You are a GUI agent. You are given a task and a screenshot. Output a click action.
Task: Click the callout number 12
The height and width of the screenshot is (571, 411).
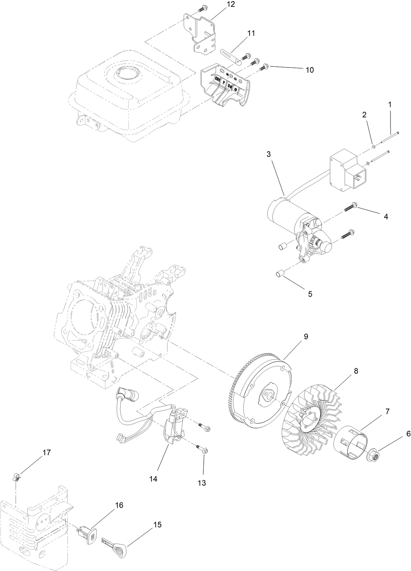[x=230, y=5]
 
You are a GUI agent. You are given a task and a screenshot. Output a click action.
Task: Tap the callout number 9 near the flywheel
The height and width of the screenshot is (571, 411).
[x=306, y=336]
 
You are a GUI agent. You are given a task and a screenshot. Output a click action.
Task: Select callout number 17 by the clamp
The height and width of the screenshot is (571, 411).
[x=47, y=452]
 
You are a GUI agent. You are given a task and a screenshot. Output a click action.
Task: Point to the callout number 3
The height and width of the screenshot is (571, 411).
[x=269, y=154]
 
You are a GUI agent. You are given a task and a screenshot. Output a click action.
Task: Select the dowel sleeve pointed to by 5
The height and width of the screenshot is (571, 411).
[x=280, y=275]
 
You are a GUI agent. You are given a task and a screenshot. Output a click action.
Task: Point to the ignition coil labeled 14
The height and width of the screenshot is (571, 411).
[x=172, y=426]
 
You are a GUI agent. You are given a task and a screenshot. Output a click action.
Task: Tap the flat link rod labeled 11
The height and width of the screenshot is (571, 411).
[x=231, y=57]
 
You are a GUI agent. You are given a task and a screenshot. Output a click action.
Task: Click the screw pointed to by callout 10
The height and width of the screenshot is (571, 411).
[x=265, y=66]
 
